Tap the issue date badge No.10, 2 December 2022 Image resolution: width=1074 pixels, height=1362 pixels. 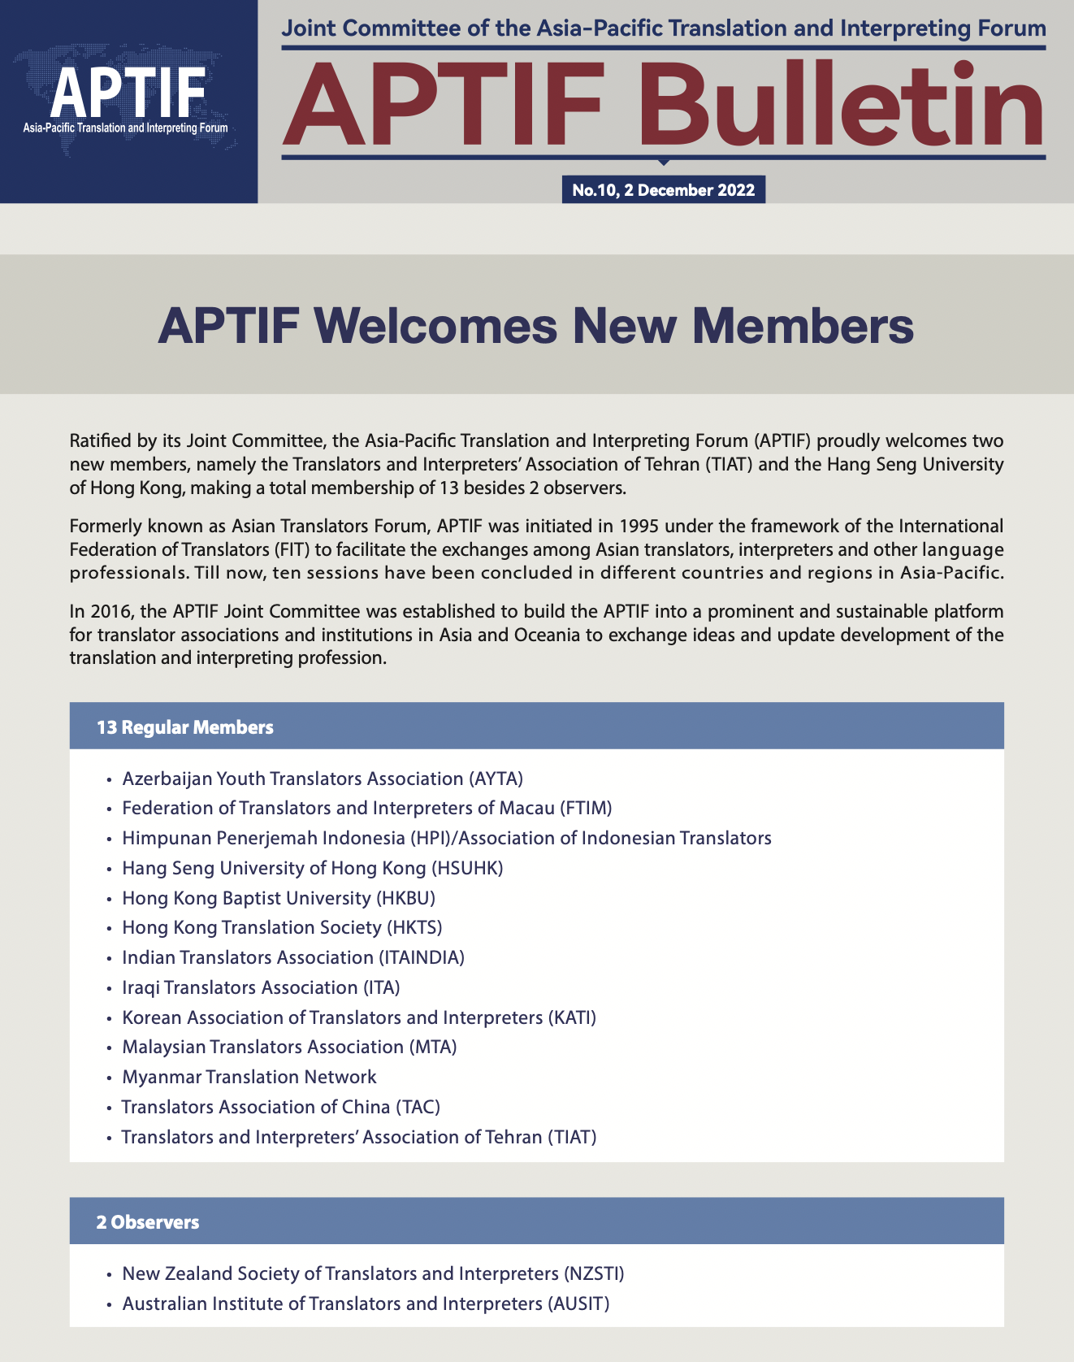coord(663,190)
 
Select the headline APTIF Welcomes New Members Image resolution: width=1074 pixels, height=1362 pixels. coord(536,326)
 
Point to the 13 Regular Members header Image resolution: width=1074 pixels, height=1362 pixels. coord(185,727)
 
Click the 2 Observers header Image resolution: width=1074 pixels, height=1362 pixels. coord(148,1221)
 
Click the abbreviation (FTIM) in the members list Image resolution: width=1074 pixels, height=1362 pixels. coord(586,808)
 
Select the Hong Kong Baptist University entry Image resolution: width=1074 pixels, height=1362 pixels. coord(279,898)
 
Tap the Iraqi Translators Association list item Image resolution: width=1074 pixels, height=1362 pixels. coord(261,987)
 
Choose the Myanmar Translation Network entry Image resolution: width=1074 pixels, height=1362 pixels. coord(249,1077)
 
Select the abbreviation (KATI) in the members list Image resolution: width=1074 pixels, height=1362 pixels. coord(573,1017)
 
